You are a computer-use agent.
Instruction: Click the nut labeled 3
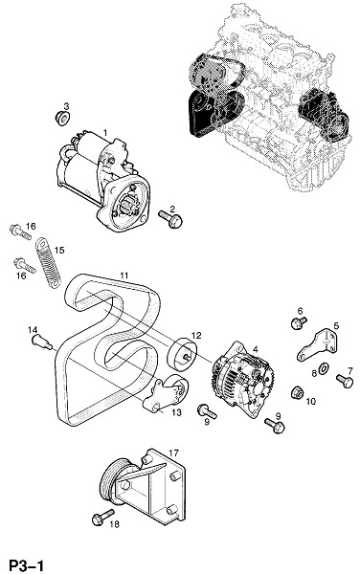pos(62,119)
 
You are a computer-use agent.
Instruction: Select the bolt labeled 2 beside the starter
pos(170,218)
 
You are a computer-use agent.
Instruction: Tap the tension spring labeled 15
pos(48,262)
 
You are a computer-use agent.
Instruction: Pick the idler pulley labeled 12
pos(182,355)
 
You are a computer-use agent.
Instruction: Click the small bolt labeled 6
pos(298,323)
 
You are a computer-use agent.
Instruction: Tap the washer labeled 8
pos(324,369)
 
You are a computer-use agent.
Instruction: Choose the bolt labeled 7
pos(345,381)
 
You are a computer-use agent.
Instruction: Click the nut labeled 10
pos(298,393)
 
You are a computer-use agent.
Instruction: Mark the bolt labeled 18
pos(102,518)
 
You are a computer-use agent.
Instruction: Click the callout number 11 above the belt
pos(124,276)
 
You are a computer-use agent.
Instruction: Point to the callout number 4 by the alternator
pos(256,349)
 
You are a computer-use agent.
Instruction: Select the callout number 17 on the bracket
pos(173,453)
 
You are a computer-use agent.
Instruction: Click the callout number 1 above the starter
pos(105,132)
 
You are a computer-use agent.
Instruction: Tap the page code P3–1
pos(27,564)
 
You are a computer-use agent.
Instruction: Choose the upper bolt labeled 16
pos(20,232)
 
